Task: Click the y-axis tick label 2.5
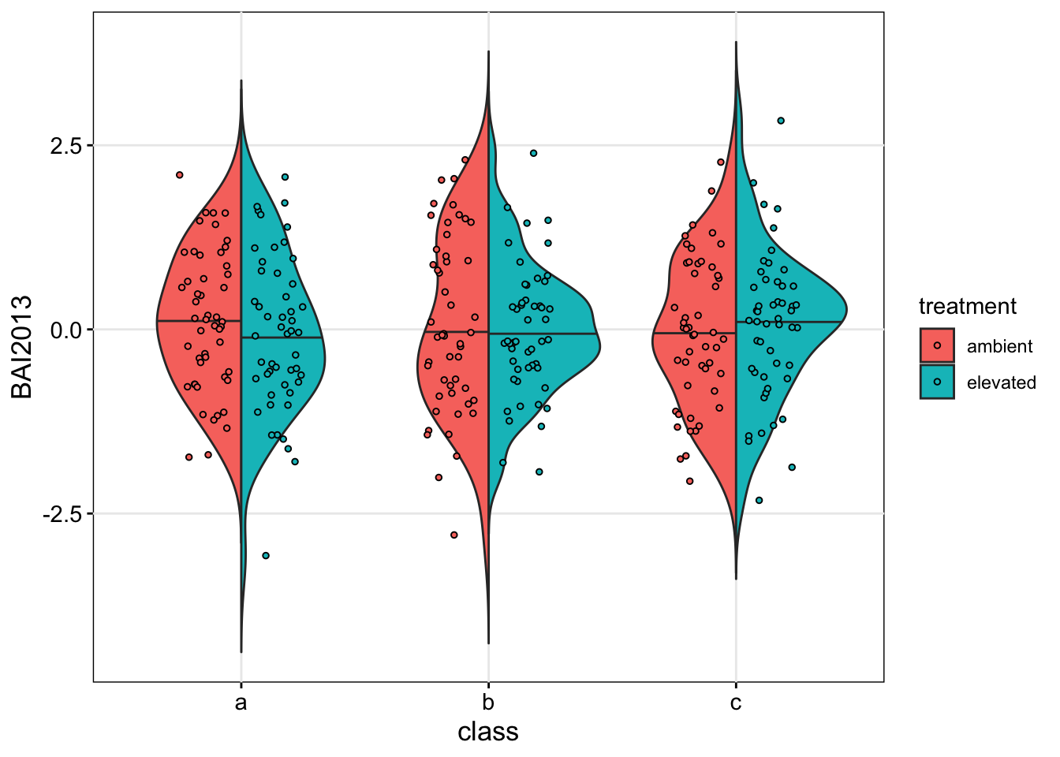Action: point(65,146)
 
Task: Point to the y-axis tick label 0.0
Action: point(65,330)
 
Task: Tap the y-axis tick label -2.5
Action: point(62,514)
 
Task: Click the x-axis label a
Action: point(241,702)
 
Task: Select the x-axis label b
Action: point(488,702)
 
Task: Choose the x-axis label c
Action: point(736,702)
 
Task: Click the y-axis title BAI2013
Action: point(22,347)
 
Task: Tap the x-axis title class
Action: point(488,732)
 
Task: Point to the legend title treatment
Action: point(968,306)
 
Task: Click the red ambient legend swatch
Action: point(937,345)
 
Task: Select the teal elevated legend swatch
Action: point(937,382)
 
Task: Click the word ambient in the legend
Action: point(999,347)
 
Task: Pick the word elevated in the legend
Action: point(1001,383)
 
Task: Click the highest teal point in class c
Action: point(781,121)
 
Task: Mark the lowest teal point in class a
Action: point(266,556)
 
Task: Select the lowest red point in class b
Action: point(454,535)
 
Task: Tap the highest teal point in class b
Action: point(533,153)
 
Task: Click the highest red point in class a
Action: point(180,175)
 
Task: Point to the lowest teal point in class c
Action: point(760,500)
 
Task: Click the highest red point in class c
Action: point(721,162)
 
